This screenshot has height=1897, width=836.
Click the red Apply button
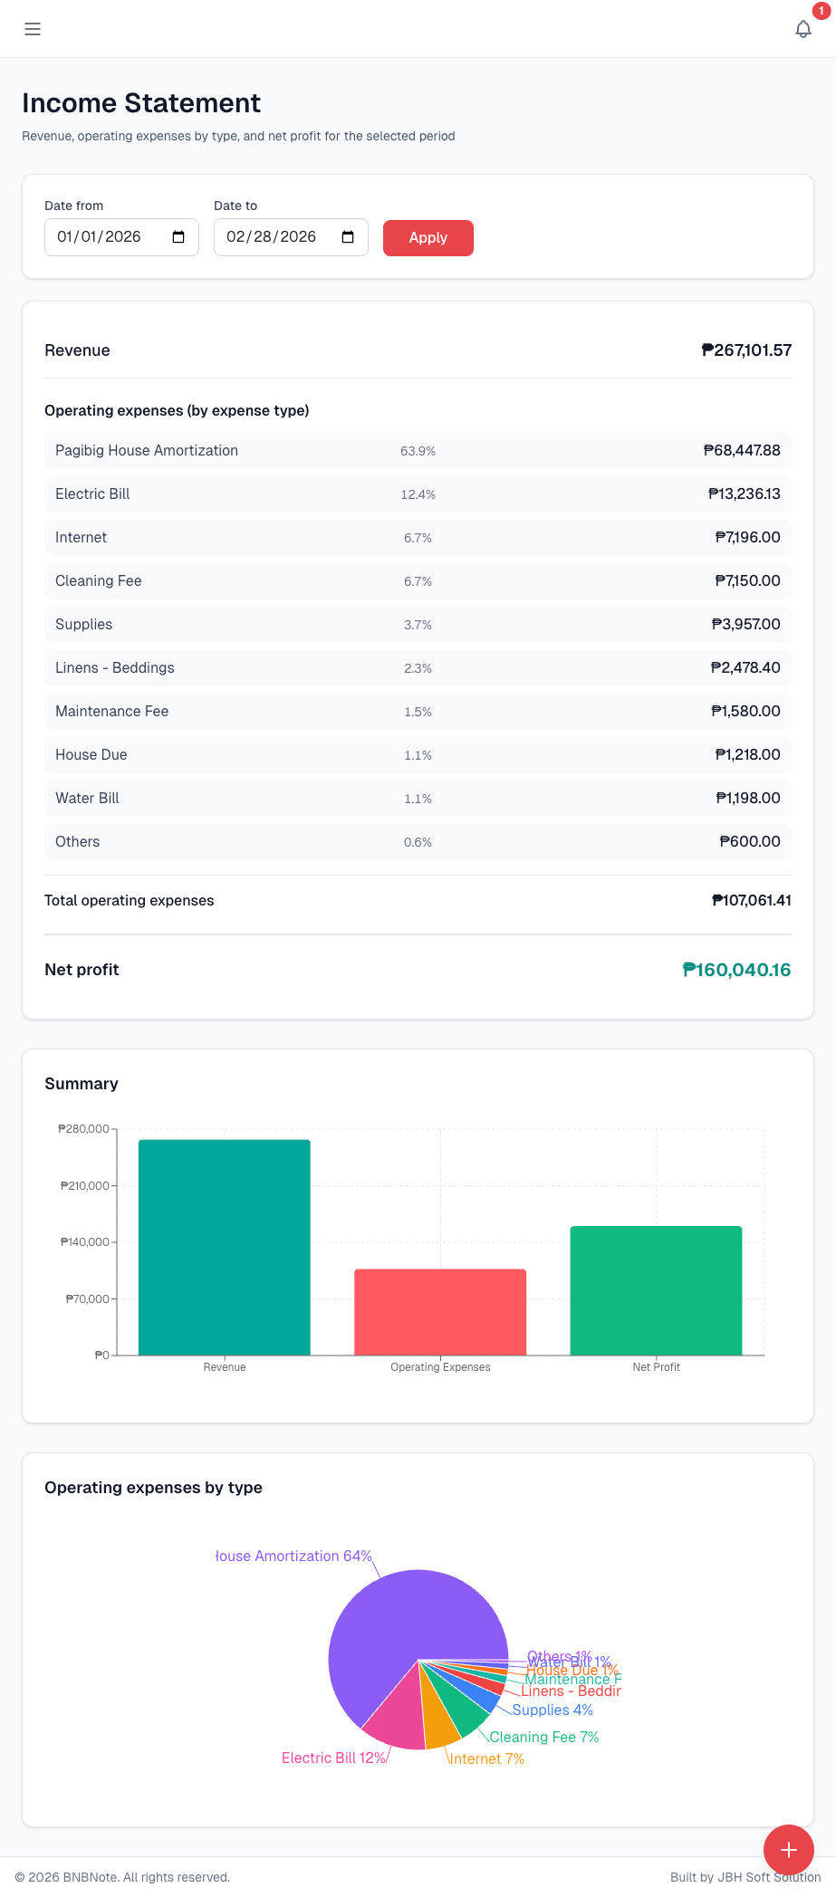[x=428, y=238]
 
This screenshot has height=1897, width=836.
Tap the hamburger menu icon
[x=33, y=29]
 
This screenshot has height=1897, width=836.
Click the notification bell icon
[x=802, y=29]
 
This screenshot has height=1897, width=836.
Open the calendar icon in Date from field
[x=178, y=237]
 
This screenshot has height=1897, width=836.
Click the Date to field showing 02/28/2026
[x=272, y=237]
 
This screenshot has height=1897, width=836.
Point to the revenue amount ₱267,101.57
[x=746, y=350]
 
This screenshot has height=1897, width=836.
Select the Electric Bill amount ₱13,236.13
[x=744, y=494]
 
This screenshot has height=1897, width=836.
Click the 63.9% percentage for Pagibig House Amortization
[x=418, y=451]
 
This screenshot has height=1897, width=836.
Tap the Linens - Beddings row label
[x=115, y=668]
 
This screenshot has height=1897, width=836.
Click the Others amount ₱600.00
[x=749, y=842]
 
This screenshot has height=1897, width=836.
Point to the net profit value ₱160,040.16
[x=735, y=970]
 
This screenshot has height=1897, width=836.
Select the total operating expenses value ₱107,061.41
[x=751, y=901]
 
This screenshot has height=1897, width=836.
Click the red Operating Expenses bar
[x=440, y=1312]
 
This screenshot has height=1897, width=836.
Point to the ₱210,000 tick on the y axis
[x=84, y=1186]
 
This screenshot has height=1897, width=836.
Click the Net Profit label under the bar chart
[x=656, y=1367]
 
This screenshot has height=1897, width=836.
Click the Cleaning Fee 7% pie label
[x=543, y=1737]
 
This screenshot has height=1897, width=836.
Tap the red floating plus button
[x=788, y=1850]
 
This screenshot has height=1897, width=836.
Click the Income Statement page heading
[x=141, y=103]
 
